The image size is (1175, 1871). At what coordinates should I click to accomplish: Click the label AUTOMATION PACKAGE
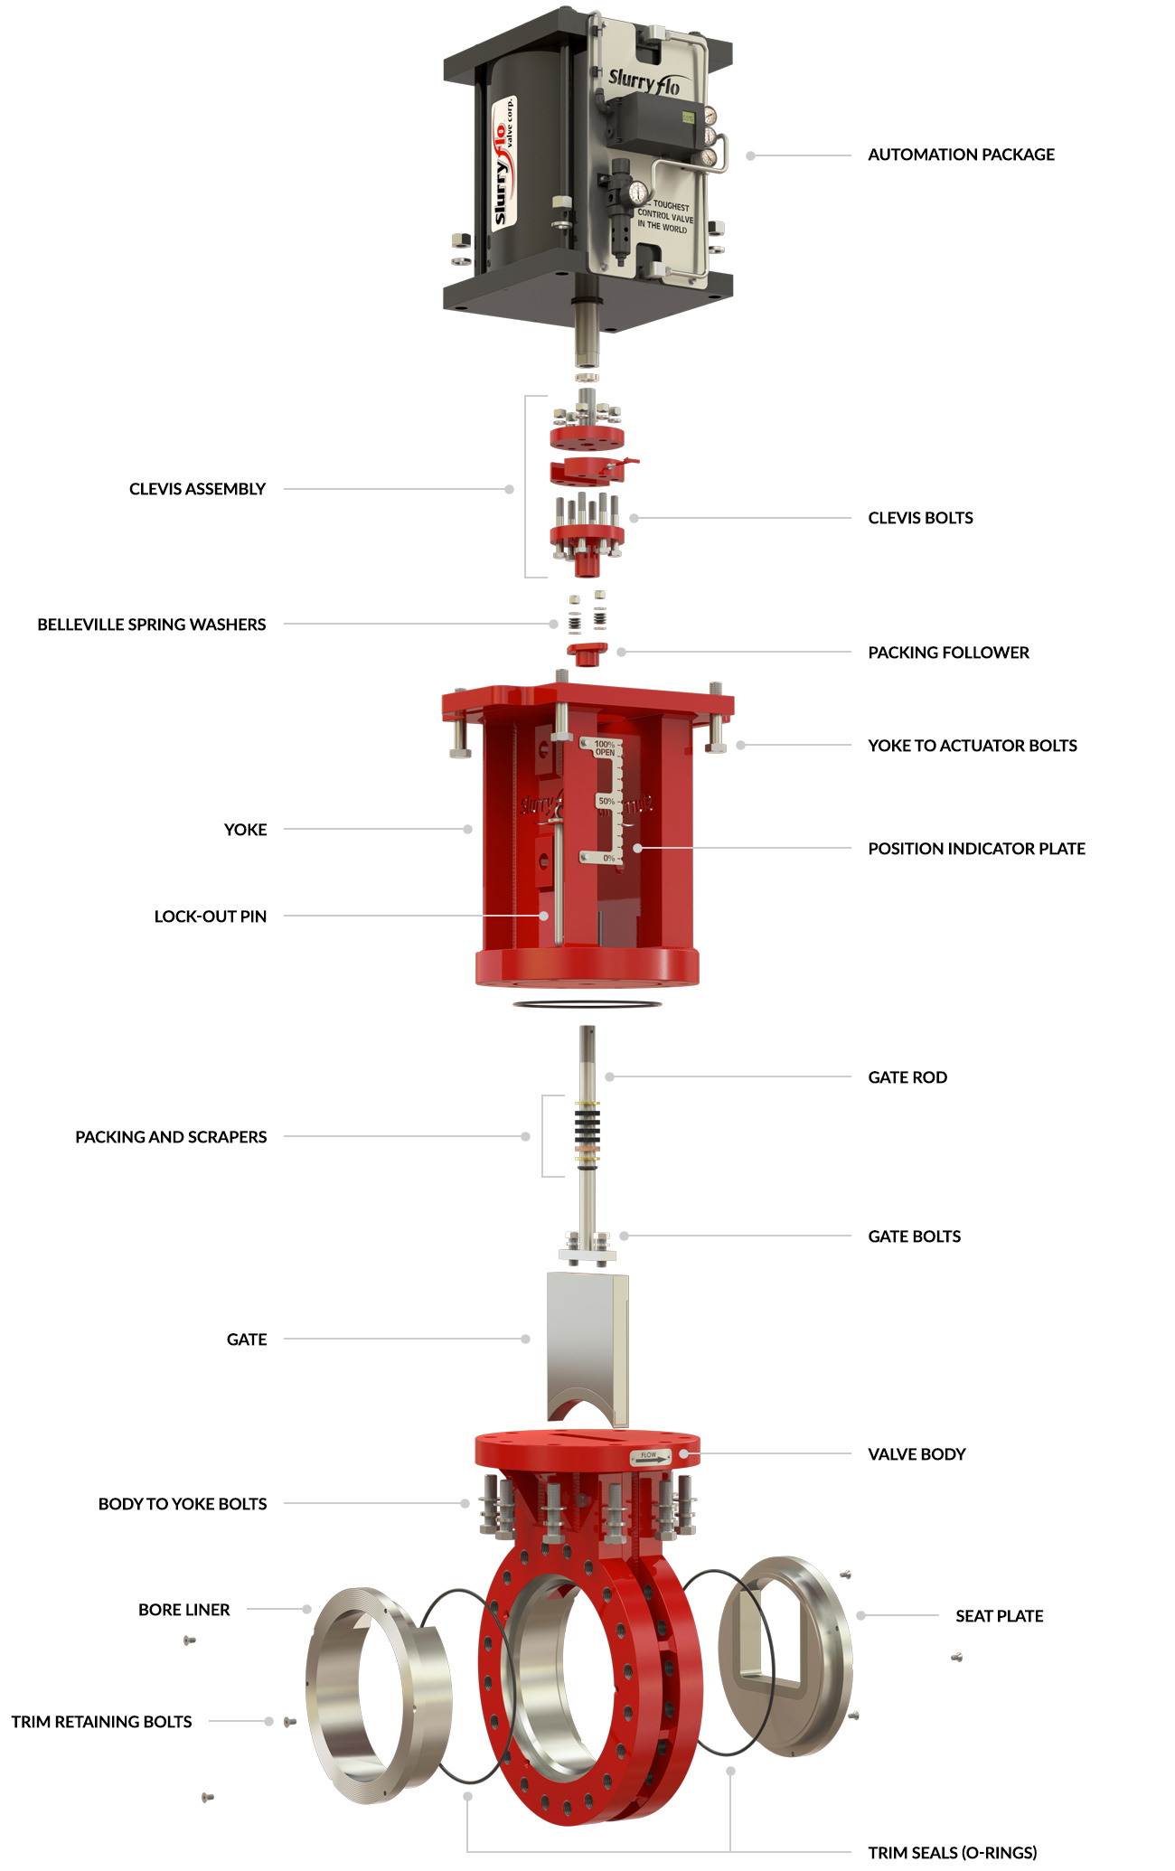click(961, 155)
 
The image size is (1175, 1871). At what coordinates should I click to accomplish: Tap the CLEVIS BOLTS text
click(920, 518)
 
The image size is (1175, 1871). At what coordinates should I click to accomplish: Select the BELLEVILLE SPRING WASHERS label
click(152, 625)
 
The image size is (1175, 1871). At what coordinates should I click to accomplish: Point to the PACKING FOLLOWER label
click(948, 653)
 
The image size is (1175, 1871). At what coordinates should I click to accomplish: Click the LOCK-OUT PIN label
click(210, 917)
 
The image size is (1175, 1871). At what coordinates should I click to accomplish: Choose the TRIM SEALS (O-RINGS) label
click(952, 1853)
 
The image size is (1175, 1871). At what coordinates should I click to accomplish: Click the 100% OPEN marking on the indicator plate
click(605, 748)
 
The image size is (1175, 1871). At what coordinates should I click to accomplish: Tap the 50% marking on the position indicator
click(606, 802)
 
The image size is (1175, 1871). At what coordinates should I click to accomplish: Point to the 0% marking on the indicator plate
click(609, 858)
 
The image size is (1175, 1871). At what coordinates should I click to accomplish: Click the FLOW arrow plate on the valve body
click(651, 1456)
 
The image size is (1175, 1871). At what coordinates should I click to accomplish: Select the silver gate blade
click(586, 1338)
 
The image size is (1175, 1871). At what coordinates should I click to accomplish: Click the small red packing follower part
click(587, 653)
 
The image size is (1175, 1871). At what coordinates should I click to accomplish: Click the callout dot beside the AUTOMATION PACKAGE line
click(750, 155)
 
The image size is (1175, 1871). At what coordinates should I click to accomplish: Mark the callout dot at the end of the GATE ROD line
click(609, 1077)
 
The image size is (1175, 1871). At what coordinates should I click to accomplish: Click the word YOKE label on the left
click(245, 830)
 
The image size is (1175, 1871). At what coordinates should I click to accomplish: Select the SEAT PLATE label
click(999, 1616)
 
